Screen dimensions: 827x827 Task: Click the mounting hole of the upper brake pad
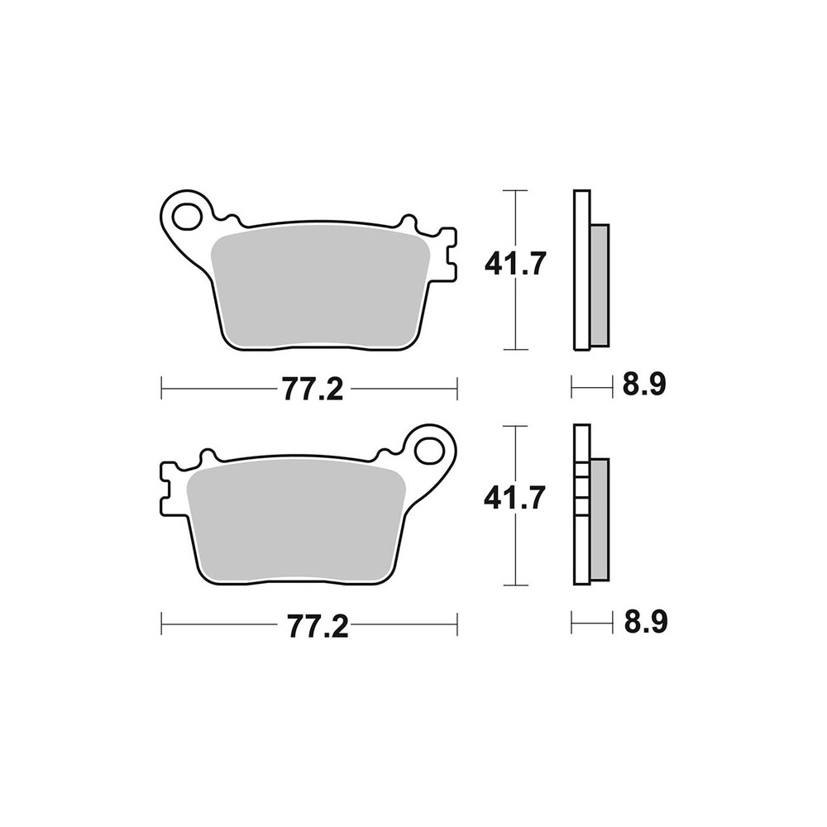[187, 214]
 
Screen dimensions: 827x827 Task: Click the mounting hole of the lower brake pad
[430, 450]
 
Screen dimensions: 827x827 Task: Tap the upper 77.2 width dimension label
[312, 389]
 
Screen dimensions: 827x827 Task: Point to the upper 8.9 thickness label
[646, 385]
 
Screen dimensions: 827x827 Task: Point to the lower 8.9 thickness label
[646, 621]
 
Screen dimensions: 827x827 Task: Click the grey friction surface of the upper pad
[321, 285]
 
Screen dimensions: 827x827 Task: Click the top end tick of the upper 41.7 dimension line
[515, 191]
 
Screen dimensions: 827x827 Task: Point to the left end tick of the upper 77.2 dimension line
[162, 387]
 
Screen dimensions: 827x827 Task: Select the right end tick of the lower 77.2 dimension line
[457, 624]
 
